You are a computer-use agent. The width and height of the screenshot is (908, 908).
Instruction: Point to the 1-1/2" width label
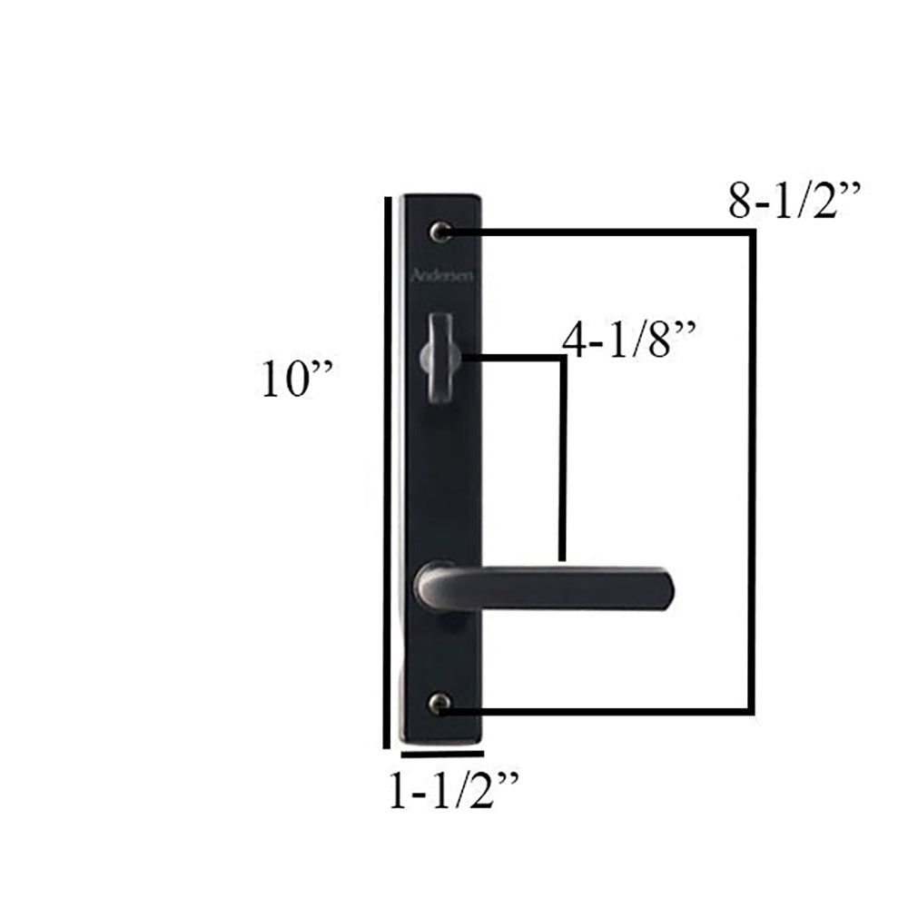click(x=451, y=791)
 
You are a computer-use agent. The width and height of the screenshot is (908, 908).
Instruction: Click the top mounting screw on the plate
click(x=442, y=232)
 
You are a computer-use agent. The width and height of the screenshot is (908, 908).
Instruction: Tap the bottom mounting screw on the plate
click(x=440, y=702)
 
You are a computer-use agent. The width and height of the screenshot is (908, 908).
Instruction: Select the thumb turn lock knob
click(x=439, y=359)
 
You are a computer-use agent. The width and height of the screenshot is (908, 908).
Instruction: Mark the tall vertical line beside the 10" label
click(x=388, y=472)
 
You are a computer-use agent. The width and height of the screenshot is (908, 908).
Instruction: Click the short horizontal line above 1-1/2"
click(x=441, y=753)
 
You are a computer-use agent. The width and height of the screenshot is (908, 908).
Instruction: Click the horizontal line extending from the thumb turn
click(x=513, y=358)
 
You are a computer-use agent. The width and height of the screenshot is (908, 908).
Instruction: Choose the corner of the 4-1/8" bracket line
click(x=563, y=358)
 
